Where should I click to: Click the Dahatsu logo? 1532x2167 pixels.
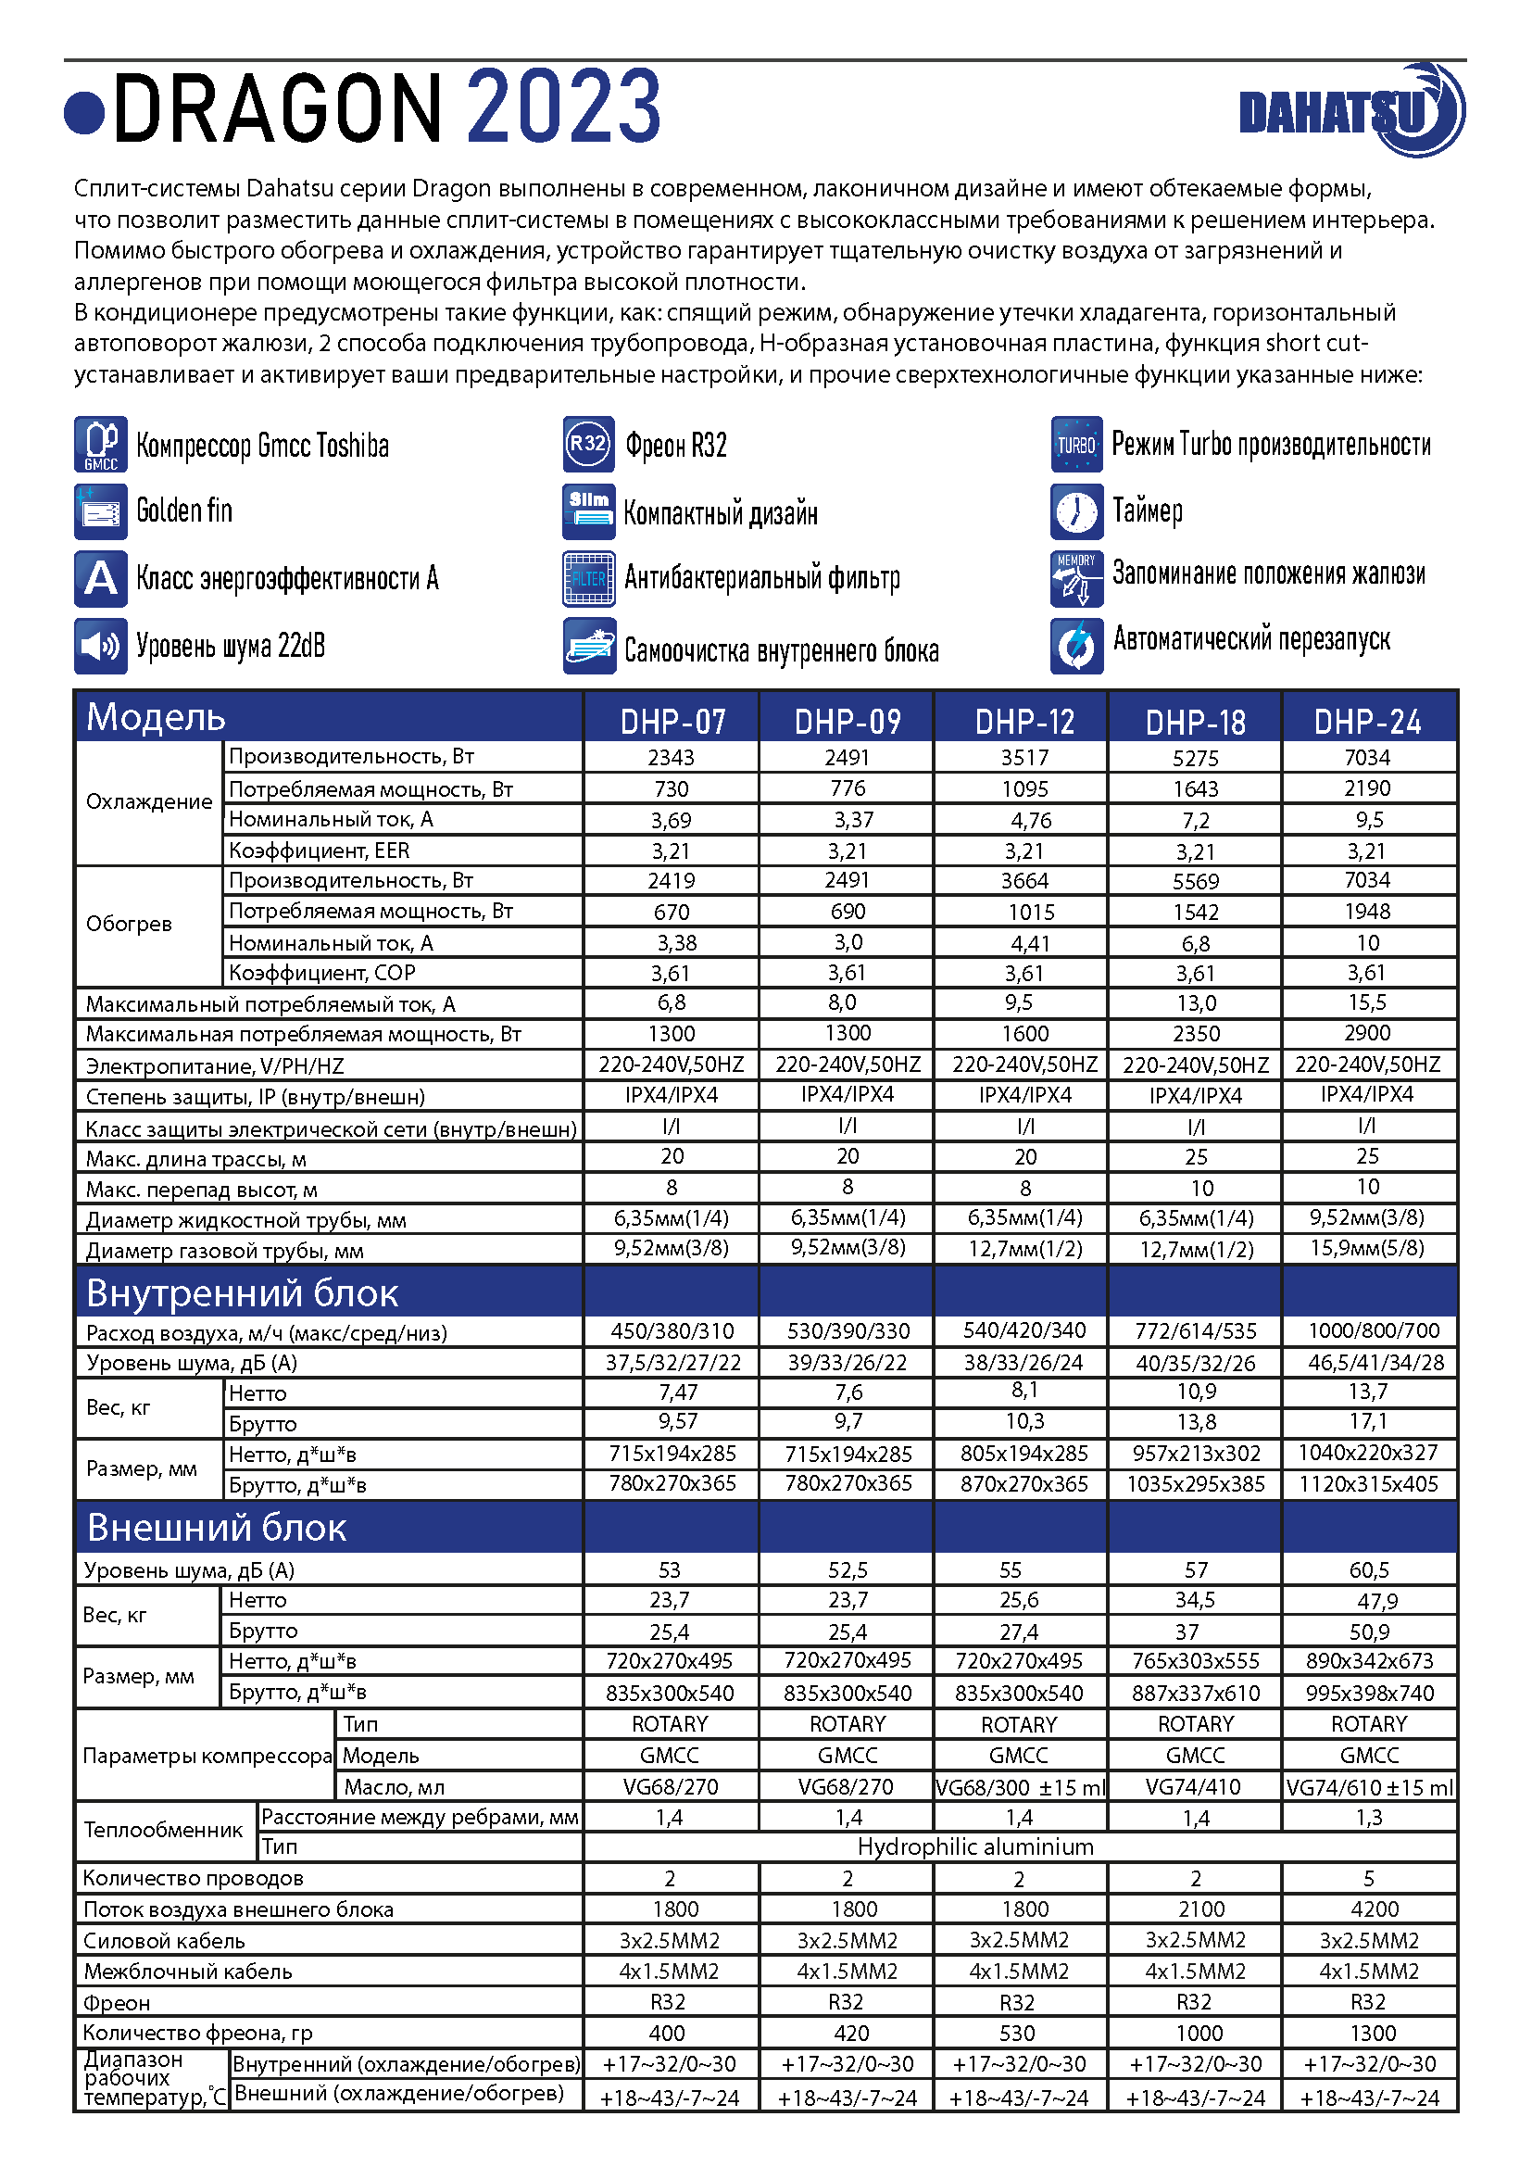coord(1350,111)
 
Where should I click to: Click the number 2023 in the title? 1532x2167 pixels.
coord(563,107)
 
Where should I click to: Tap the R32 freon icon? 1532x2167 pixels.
coord(589,444)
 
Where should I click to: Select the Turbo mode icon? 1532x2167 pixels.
coord(1076,444)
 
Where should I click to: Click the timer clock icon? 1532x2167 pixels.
coord(1076,511)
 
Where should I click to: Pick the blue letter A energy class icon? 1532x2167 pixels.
coord(101,577)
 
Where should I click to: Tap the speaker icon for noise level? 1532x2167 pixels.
coord(101,646)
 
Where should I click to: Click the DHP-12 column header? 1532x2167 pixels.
coord(1024,722)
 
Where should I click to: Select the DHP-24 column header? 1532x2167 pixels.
coord(1367,722)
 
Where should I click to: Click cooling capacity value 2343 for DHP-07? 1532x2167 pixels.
coord(671,757)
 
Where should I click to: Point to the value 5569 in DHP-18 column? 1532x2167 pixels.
coord(1195,881)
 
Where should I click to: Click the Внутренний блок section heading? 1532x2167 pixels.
coord(243,1293)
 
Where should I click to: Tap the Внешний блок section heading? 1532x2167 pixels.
coord(217,1527)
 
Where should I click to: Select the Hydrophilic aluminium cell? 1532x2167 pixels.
coord(975,1847)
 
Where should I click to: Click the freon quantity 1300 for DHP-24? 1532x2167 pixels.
coord(1373,2033)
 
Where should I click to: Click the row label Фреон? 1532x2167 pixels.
coord(117,2003)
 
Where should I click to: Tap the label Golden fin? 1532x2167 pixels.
coord(185,510)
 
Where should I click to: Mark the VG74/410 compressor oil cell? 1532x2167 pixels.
coord(1194,1786)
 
